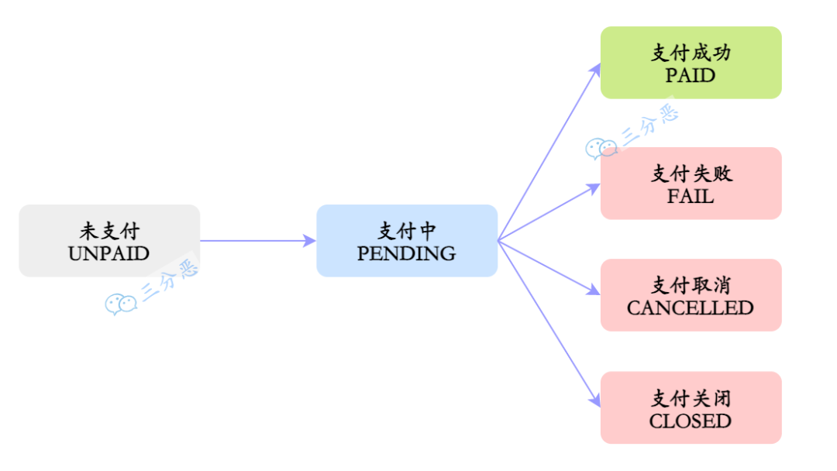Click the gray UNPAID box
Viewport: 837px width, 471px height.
click(x=109, y=241)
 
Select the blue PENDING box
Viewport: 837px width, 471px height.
click(x=407, y=241)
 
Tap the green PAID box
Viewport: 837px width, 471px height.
click(x=691, y=63)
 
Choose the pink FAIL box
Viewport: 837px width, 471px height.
click(x=691, y=184)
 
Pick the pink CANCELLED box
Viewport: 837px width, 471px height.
click(x=691, y=295)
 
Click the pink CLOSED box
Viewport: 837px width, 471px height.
click(x=691, y=407)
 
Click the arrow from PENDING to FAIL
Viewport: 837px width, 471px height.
click(x=549, y=212)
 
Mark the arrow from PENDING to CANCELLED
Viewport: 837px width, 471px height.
click(x=549, y=267)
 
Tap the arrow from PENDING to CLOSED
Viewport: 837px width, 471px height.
click(x=549, y=323)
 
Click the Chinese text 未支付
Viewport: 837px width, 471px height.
click(x=109, y=231)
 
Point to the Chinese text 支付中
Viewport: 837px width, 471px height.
click(x=407, y=231)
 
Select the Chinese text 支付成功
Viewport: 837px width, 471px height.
click(x=691, y=53)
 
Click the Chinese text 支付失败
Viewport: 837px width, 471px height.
click(x=691, y=174)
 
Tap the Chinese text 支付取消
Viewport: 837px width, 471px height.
click(x=691, y=285)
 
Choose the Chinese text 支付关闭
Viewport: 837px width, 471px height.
click(x=691, y=398)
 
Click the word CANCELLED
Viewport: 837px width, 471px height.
click(x=691, y=308)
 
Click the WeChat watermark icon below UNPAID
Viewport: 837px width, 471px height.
click(x=120, y=304)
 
